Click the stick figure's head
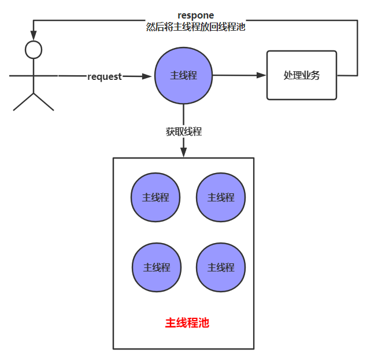(34, 49)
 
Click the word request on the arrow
(105, 76)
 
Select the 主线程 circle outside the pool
(184, 76)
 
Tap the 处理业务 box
(301, 75)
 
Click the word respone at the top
(195, 15)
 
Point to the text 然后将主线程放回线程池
(195, 27)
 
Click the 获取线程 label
(184, 131)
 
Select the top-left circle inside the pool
(155, 197)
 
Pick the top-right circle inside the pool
(221, 197)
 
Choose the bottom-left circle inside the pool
(156, 267)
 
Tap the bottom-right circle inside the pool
(221, 267)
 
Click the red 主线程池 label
(187, 323)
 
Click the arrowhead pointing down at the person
(34, 35)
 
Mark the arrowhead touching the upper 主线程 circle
(149, 76)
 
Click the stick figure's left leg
(23, 102)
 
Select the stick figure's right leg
(44, 102)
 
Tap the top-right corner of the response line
(357, 21)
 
